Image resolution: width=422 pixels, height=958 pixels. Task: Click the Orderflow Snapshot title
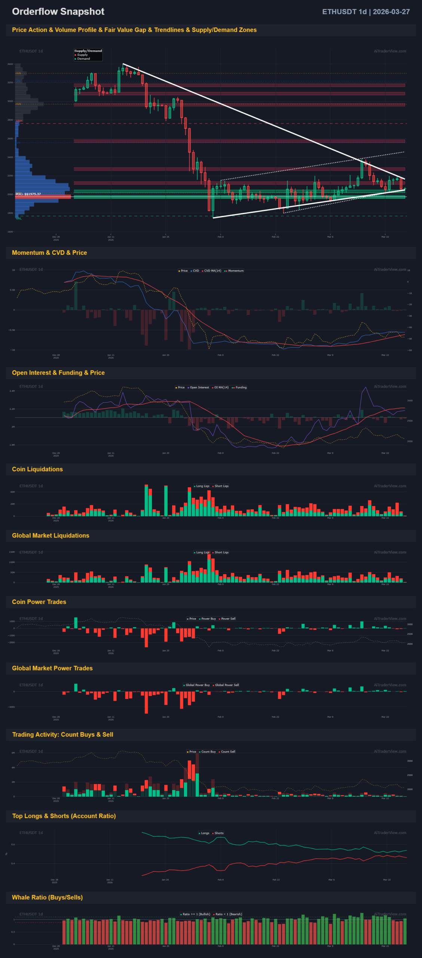click(x=58, y=12)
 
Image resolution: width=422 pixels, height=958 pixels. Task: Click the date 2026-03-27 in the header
click(x=391, y=12)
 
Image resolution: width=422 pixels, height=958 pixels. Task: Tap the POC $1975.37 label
click(x=28, y=194)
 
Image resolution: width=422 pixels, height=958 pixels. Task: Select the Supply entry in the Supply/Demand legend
click(x=82, y=55)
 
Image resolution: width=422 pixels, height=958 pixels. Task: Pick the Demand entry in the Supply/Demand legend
click(x=83, y=59)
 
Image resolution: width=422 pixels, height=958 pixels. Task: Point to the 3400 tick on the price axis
click(x=10, y=64)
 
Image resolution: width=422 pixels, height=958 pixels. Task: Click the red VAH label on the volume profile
click(x=19, y=121)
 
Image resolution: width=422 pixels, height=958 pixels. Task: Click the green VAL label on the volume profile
click(x=19, y=219)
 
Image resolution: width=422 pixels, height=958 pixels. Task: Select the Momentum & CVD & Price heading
click(x=49, y=253)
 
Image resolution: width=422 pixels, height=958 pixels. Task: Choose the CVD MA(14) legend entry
click(x=212, y=271)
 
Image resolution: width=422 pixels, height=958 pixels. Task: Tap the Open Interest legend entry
click(x=199, y=387)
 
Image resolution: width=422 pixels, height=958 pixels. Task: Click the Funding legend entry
click(x=241, y=387)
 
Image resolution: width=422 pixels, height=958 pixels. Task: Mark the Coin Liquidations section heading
click(x=37, y=469)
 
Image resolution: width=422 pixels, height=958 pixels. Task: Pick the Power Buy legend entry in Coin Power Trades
click(x=208, y=619)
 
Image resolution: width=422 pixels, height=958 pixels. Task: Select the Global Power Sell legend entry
click(x=227, y=685)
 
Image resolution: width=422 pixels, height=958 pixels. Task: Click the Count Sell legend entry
click(x=228, y=751)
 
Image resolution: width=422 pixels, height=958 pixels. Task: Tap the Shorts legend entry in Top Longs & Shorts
click(x=219, y=833)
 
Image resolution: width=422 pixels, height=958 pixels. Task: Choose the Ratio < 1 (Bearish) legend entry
click(x=228, y=914)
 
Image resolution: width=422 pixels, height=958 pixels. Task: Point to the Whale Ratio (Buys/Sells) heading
click(x=47, y=897)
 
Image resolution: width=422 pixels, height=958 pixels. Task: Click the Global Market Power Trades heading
click(x=52, y=668)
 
